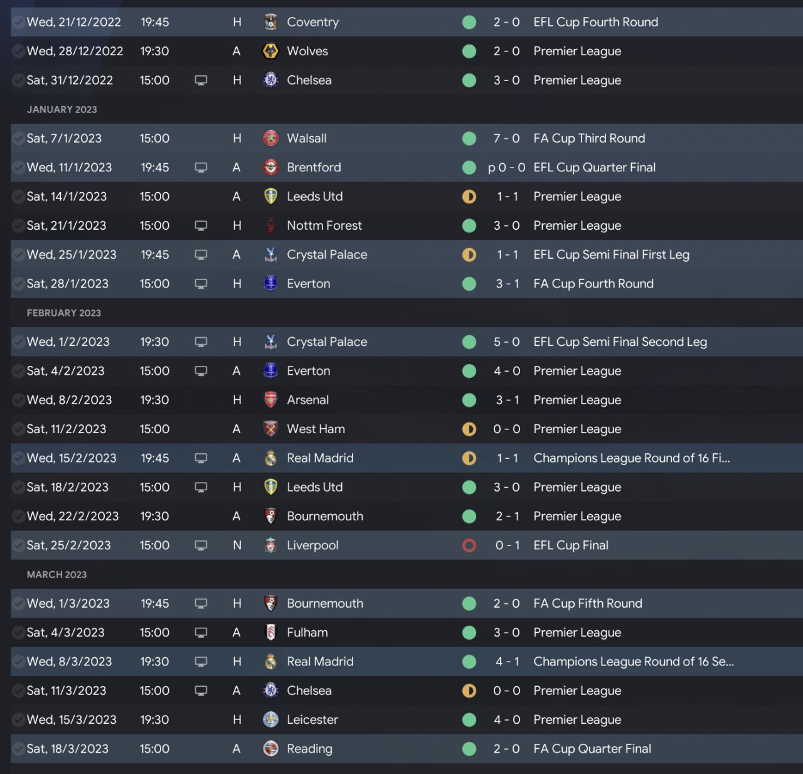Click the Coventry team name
pos(312,22)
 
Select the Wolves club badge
pos(270,51)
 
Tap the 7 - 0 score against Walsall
pos(506,138)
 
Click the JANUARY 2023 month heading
pos(62,109)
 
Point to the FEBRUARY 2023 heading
pos(64,313)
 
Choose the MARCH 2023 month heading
pos(57,574)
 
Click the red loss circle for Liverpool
pos(469,546)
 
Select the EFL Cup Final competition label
pos(571,546)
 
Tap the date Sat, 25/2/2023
pos(68,546)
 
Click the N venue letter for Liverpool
pos(237,546)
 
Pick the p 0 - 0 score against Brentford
pos(506,168)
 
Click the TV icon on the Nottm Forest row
pos(201,225)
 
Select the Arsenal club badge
pos(270,400)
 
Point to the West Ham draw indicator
pos(469,429)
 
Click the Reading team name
pos(309,749)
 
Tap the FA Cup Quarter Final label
pos(592,749)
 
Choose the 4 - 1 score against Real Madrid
pos(507,662)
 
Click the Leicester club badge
pos(270,719)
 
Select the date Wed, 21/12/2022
pos(73,22)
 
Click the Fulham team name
pos(307,633)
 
